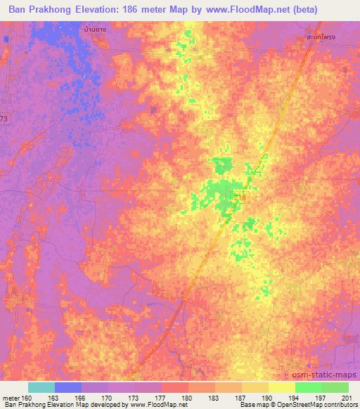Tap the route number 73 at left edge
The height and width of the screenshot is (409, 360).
[4, 119]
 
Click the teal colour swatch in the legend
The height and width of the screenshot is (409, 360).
[41, 387]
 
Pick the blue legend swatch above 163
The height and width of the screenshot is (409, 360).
[67, 387]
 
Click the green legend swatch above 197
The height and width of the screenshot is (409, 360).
[308, 387]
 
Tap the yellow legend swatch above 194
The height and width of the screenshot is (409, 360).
[281, 387]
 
